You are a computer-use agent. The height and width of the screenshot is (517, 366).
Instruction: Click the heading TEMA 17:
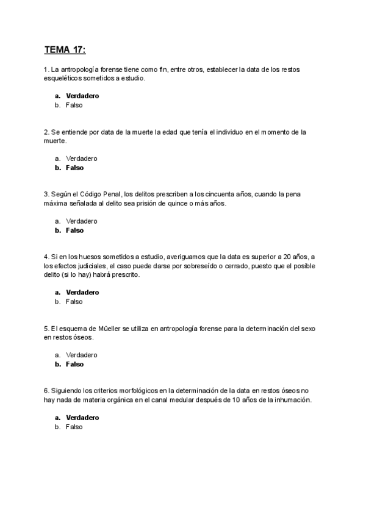pos(65,49)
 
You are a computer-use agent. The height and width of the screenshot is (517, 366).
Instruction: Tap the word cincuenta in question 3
pos(220,194)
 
